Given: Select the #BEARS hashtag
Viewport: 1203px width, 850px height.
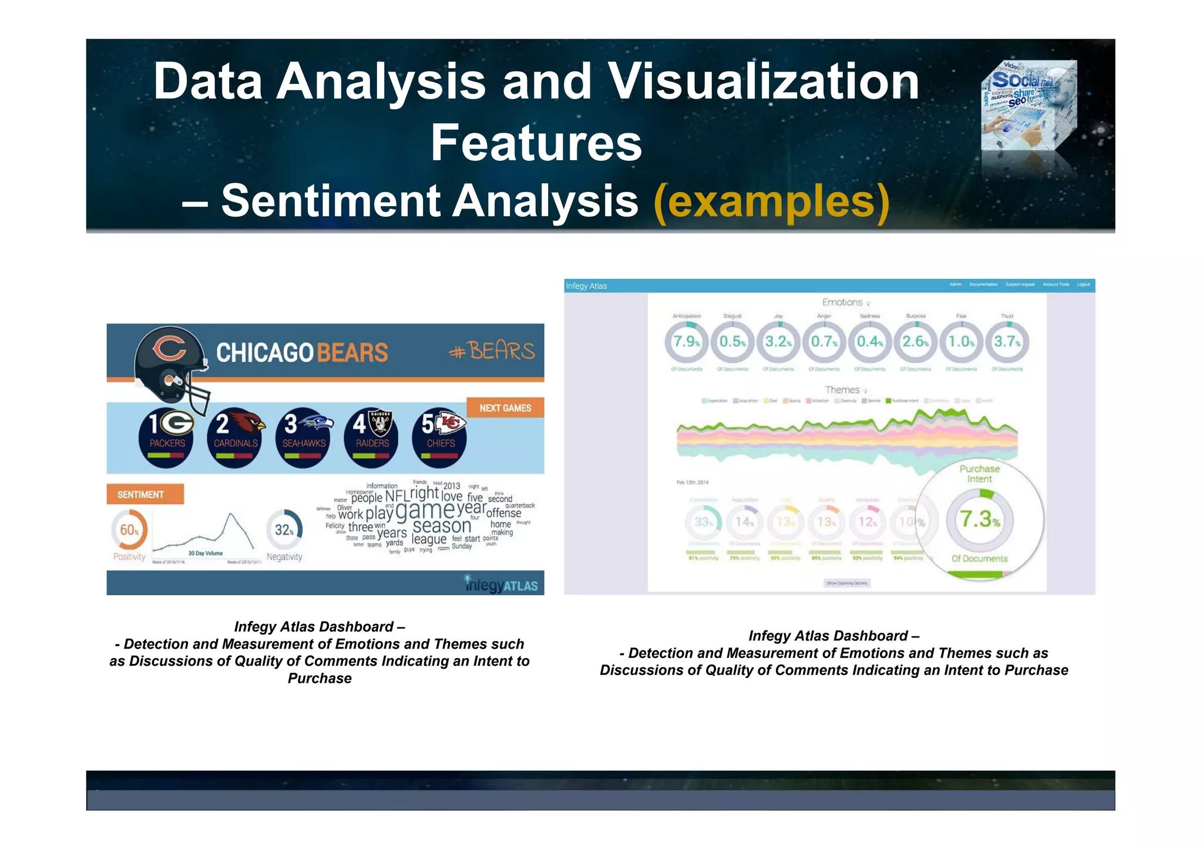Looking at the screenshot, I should coord(492,351).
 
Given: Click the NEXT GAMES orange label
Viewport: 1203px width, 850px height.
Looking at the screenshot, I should coord(505,408).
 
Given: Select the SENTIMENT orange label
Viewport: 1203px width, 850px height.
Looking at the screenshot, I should coord(145,494).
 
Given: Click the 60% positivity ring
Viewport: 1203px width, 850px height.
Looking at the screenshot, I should coord(129,530).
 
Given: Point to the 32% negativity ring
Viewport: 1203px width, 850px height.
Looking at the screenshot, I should coord(284,530).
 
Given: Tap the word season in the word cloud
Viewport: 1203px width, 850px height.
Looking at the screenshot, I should coord(442,526).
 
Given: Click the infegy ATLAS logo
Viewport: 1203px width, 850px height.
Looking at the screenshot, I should coord(501,584).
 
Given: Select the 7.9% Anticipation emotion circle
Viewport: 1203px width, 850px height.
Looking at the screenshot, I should coord(686,342).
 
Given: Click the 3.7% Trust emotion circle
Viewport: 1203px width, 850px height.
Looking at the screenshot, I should coord(1007,342).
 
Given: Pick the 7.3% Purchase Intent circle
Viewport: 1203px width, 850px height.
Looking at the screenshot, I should coord(979,519).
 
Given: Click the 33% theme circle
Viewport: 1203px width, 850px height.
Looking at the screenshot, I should coord(703,522).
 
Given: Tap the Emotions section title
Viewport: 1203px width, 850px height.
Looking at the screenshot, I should coord(842,302).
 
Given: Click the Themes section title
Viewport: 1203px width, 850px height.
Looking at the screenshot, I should coord(842,390).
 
